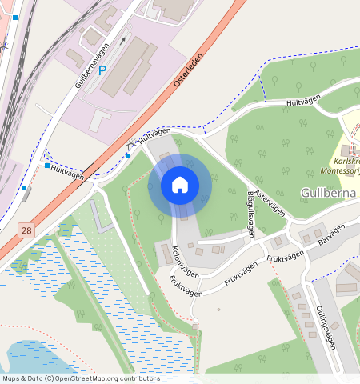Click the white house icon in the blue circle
click(x=180, y=185)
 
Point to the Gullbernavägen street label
click(x=91, y=66)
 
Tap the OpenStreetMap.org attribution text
click(x=92, y=378)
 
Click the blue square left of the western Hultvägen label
click(x=47, y=166)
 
